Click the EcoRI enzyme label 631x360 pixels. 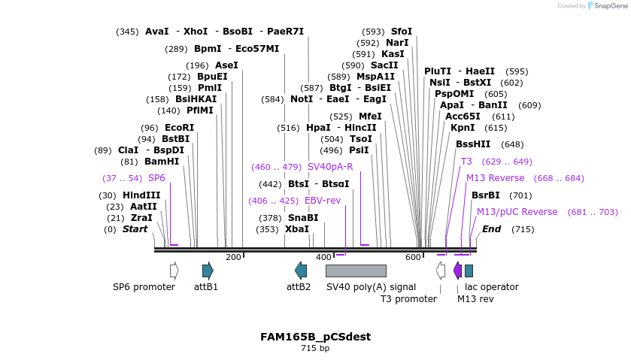(x=179, y=128)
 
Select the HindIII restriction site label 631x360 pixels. (x=141, y=195)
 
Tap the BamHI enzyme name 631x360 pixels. (x=162, y=162)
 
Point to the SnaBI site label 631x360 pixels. (x=303, y=218)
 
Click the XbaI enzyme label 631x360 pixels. (x=297, y=229)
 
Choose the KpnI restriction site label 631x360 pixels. (x=463, y=128)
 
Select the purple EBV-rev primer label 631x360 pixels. (x=323, y=201)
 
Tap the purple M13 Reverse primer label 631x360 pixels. (x=495, y=178)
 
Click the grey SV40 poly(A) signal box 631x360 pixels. (x=356, y=271)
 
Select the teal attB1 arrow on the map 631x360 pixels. (x=208, y=271)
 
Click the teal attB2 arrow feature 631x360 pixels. (x=301, y=271)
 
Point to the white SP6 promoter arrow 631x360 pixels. (x=174, y=271)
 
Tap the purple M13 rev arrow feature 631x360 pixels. (x=457, y=271)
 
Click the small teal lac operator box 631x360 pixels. (x=469, y=271)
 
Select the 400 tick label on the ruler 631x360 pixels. (x=323, y=258)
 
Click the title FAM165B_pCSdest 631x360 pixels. (x=315, y=337)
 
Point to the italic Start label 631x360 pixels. (x=135, y=229)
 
